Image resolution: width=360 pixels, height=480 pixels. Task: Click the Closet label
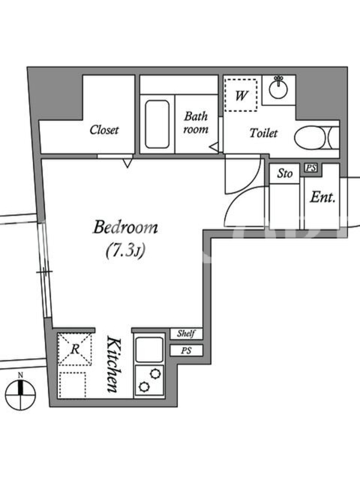click(104, 130)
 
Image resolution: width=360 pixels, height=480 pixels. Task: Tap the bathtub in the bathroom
click(157, 124)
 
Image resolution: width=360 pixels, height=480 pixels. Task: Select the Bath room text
click(196, 123)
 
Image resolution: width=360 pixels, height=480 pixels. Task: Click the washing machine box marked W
click(241, 95)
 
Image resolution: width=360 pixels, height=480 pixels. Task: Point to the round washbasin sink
click(278, 89)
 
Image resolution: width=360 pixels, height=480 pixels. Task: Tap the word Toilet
click(263, 133)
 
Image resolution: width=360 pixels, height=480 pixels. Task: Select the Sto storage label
click(284, 173)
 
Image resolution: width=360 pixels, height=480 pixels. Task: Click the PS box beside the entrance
click(311, 168)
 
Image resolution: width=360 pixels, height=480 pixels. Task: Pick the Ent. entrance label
click(323, 197)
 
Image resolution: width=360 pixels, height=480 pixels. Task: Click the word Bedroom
click(125, 227)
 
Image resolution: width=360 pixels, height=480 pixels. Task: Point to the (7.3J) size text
click(125, 251)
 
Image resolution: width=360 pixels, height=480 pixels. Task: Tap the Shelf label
click(186, 334)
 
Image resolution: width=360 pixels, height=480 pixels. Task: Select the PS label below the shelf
click(186, 350)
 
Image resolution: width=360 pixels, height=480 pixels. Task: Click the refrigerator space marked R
click(74, 349)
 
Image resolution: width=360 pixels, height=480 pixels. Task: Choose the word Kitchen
click(113, 364)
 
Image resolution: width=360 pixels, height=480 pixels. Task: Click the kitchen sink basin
click(149, 350)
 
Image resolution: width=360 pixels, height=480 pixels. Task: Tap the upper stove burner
click(155, 374)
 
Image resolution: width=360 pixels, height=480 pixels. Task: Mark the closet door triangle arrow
click(128, 163)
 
